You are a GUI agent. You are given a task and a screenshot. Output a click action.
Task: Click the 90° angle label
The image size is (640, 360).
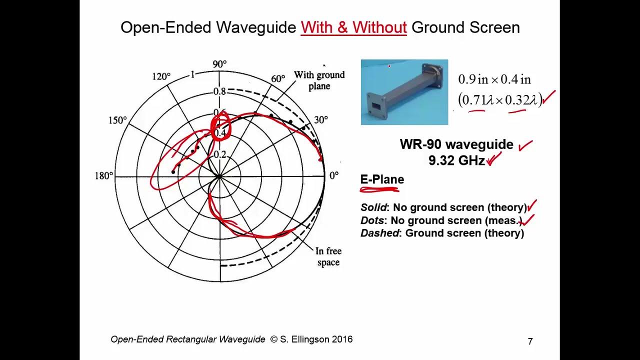pos(219,64)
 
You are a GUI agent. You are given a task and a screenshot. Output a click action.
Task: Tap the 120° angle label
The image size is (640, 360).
pos(161,76)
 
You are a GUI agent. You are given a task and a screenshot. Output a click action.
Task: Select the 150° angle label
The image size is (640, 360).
pos(117,120)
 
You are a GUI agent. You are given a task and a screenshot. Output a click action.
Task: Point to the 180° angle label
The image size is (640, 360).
pos(104,176)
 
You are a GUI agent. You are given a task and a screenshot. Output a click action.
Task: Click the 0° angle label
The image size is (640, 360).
pos(333,175)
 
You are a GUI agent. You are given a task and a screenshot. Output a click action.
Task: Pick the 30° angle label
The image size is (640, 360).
pos(320,120)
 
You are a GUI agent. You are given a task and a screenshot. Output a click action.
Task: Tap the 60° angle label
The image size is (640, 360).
pos(278,79)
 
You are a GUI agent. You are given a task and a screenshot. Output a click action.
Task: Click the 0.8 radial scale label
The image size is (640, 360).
pos(219,92)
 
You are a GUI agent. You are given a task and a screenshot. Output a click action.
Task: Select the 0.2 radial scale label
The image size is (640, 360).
pos(219,155)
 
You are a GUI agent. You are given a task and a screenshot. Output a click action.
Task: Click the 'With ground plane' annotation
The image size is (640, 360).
pos(319,80)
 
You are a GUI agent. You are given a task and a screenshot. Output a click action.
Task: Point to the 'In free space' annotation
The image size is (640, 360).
pos(328,256)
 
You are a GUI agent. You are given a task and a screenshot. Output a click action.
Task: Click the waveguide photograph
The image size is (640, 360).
pos(404,92)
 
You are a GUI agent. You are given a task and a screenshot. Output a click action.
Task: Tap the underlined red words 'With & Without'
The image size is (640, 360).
pos(353,27)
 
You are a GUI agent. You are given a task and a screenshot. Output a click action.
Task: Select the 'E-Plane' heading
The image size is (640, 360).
pos(382,179)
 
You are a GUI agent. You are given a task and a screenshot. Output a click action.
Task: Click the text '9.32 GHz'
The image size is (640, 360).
pos(456,160)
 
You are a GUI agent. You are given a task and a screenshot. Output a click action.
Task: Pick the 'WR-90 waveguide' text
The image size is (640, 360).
pos(456,145)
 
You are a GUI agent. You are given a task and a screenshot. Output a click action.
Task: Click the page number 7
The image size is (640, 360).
pos(530,341)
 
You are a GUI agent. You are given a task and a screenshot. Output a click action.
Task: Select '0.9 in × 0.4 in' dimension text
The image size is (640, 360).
pos(494,79)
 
